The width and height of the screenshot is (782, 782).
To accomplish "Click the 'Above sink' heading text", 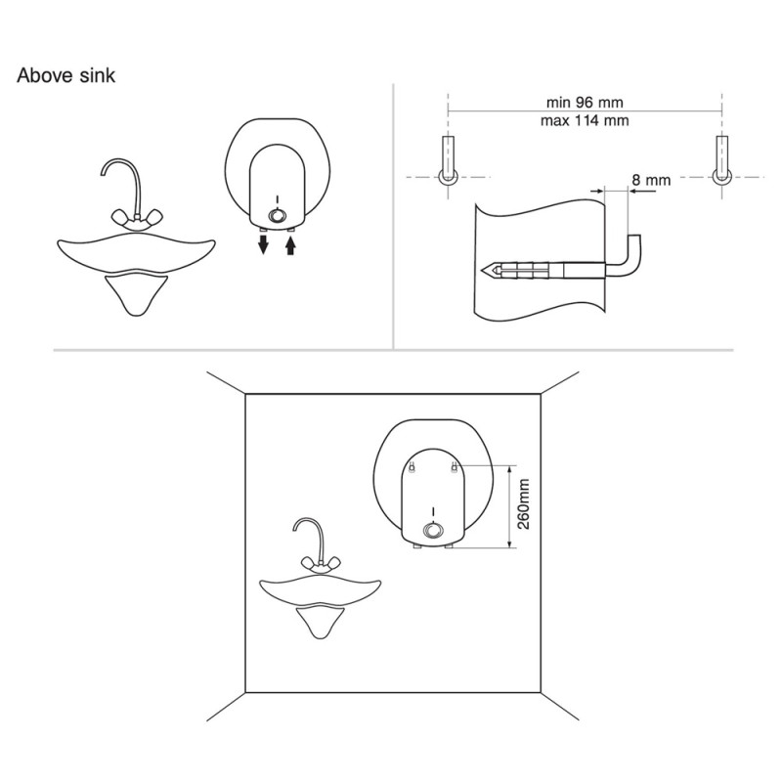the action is [65, 75].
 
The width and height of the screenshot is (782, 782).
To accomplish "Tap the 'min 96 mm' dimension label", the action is [585, 103].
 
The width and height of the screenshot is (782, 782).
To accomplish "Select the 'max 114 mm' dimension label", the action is [585, 120].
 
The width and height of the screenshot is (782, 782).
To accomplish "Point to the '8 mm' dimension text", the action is [651, 180].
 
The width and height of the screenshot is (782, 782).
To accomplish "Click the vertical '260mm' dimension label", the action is [523, 503].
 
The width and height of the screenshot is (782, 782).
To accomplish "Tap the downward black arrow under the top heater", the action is [263, 244].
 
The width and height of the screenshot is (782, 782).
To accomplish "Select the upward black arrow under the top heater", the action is [290, 244].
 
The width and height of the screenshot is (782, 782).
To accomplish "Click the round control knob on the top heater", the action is [277, 216].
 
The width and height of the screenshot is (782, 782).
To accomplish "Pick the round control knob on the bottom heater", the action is [433, 531].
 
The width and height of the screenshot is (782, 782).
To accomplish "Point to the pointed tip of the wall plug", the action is [482, 271].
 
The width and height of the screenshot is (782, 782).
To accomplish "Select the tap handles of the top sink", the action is [137, 219].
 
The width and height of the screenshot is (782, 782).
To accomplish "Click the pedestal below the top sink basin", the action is [136, 294].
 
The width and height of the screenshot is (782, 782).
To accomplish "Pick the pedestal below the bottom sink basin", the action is [321, 622].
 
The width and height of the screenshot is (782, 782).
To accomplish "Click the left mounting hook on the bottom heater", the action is [412, 468].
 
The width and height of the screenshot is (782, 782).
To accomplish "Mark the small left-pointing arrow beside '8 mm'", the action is [641, 190].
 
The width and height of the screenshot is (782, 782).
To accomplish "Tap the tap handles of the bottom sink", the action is [321, 565].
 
